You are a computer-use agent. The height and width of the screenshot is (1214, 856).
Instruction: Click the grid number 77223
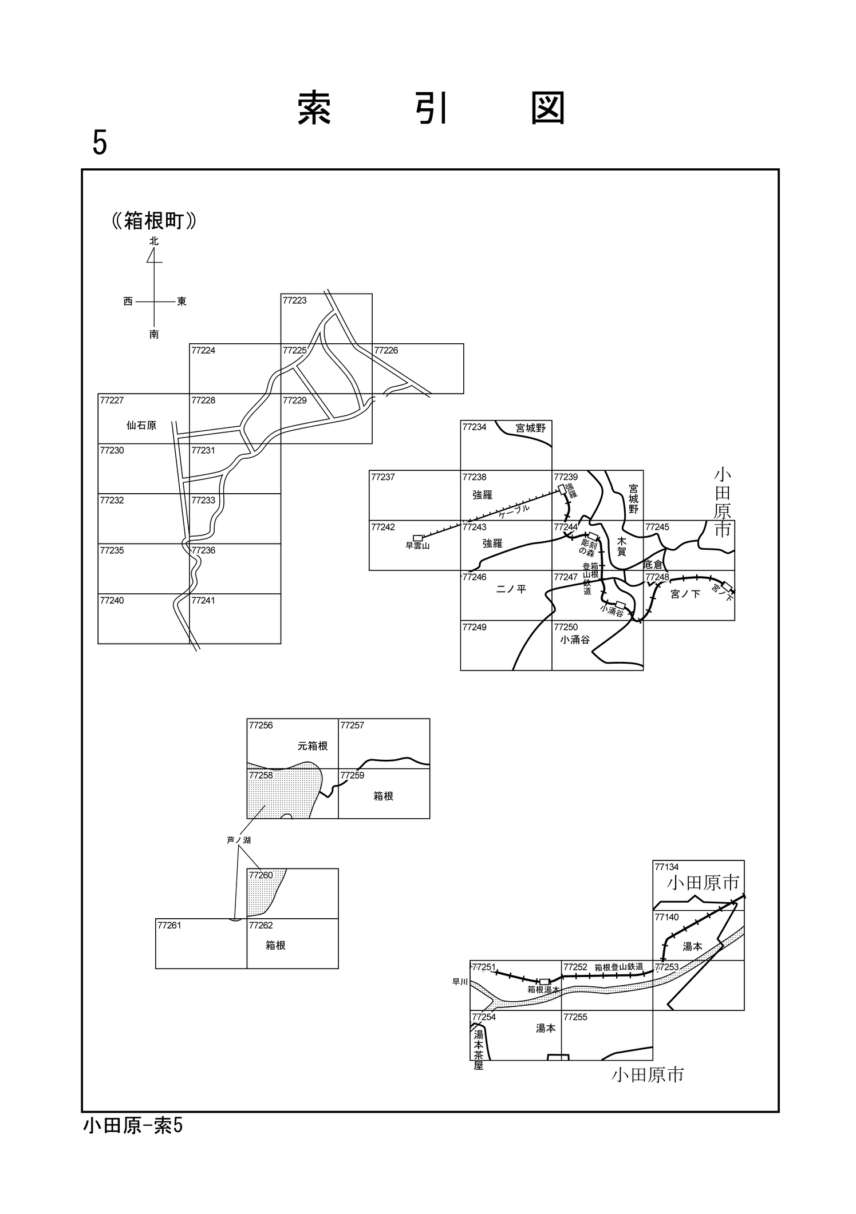(x=294, y=300)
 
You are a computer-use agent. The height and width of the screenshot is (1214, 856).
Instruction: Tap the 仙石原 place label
(x=141, y=426)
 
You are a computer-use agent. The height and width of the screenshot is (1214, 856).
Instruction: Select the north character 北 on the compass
(x=154, y=241)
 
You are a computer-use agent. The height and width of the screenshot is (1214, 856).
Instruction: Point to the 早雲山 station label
(x=417, y=546)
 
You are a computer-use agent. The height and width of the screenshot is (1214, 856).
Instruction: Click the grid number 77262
(x=261, y=925)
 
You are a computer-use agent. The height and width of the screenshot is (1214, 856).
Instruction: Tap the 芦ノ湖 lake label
(x=239, y=840)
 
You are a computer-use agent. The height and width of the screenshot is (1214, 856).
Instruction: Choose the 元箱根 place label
(x=313, y=746)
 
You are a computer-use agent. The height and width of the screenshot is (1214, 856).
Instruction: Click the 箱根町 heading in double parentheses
(x=154, y=221)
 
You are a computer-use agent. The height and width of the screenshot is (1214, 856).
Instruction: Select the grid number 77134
(x=666, y=867)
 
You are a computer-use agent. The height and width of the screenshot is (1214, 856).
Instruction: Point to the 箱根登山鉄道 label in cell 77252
(x=618, y=967)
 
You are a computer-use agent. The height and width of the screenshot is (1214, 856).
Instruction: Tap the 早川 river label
(x=460, y=982)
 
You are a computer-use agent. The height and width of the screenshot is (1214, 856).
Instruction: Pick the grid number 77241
(x=203, y=600)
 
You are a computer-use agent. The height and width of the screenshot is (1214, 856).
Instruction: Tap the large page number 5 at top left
(x=100, y=142)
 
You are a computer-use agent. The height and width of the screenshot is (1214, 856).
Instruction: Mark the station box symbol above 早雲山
(x=418, y=538)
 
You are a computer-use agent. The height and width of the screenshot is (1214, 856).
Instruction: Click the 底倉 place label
(x=653, y=565)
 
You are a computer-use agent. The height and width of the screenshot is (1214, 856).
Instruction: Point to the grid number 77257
(x=352, y=725)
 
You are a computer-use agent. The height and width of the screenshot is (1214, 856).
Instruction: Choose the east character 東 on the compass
(x=182, y=301)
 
